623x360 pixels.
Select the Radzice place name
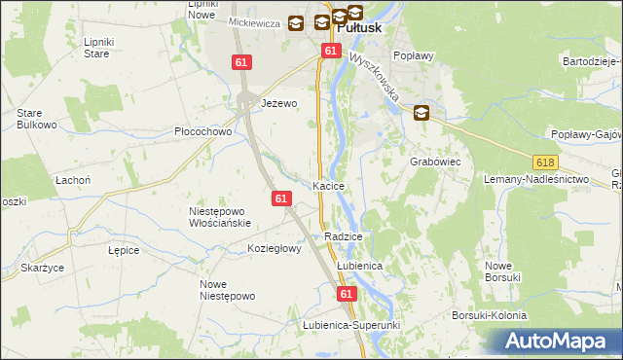tap(344, 236)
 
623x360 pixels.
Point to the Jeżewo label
tap(278, 103)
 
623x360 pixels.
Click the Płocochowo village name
tap(202, 131)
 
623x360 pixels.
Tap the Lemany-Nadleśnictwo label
tap(537, 180)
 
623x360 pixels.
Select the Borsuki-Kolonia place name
tap(489, 316)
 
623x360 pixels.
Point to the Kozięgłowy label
tap(275, 248)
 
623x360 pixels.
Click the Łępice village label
tap(124, 250)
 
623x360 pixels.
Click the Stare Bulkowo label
tap(34, 119)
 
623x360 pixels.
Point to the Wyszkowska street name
tap(375, 79)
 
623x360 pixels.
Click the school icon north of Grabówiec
tap(421, 113)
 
